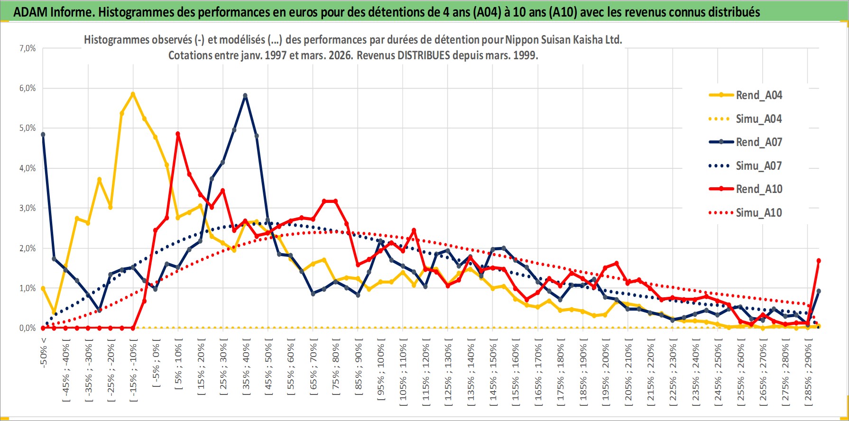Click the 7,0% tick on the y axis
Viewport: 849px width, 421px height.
tap(28, 48)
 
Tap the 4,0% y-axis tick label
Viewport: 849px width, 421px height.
tap(28, 168)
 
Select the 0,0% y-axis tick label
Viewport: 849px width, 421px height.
tap(28, 328)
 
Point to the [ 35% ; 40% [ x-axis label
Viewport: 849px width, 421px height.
tap(246, 370)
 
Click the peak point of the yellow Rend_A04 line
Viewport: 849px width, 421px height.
tap(133, 94)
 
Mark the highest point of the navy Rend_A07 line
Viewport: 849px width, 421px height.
tap(245, 96)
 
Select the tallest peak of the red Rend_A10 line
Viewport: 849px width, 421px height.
tap(178, 134)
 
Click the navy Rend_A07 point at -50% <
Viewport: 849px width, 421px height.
tap(43, 135)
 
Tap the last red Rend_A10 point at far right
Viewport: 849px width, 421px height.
tap(819, 261)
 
